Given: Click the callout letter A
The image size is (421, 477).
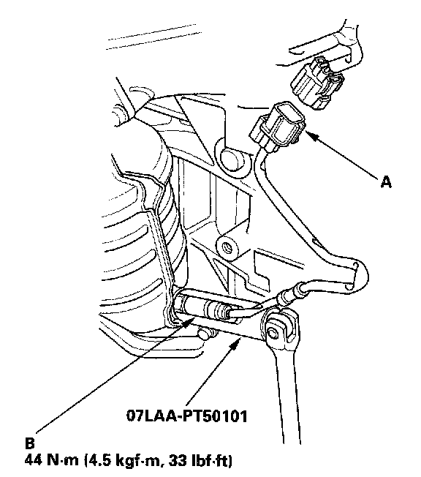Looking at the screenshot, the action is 386,182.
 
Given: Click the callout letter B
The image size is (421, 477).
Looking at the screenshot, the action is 29,443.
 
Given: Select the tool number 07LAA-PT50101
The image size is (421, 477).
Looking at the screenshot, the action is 186,416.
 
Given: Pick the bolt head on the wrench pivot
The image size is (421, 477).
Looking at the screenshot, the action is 272,333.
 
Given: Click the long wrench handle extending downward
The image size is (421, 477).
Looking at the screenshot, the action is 287,392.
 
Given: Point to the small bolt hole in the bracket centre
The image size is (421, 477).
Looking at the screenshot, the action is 227,245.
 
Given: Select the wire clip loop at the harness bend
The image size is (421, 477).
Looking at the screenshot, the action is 354,275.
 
